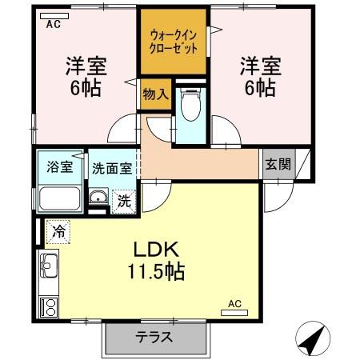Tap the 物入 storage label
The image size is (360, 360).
155,94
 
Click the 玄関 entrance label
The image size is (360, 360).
278,166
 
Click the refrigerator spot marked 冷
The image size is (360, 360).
58,232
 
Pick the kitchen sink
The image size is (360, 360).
47,262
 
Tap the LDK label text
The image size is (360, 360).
156,248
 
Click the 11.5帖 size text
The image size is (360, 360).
156,272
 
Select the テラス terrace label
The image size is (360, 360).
154,337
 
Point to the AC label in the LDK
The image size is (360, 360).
234,303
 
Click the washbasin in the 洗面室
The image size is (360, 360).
98,199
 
